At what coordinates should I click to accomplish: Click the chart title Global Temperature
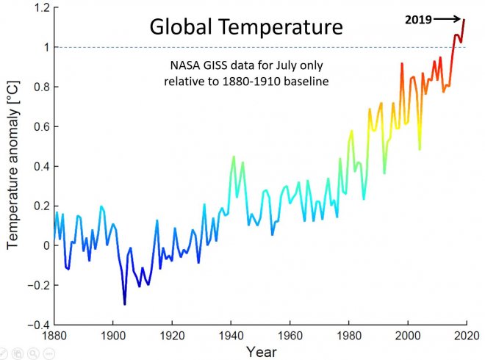pos(246,27)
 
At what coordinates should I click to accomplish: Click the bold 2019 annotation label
pos(419,20)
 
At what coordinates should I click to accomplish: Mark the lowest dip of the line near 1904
pos(124,303)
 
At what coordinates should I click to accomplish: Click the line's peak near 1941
pos(234,156)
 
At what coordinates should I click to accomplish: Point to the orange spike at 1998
pos(402,64)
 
